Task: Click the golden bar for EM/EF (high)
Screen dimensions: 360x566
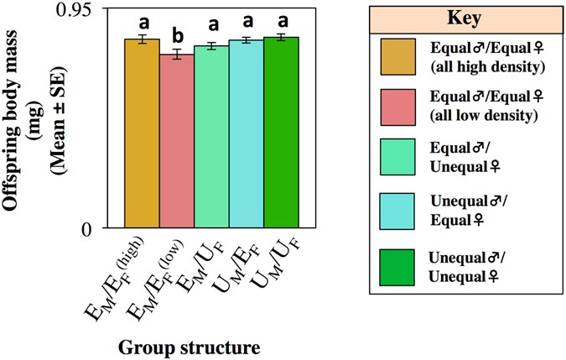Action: coord(142,134)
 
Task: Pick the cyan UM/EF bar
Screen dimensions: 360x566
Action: coord(247,134)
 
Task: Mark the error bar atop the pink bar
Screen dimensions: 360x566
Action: coord(177,55)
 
